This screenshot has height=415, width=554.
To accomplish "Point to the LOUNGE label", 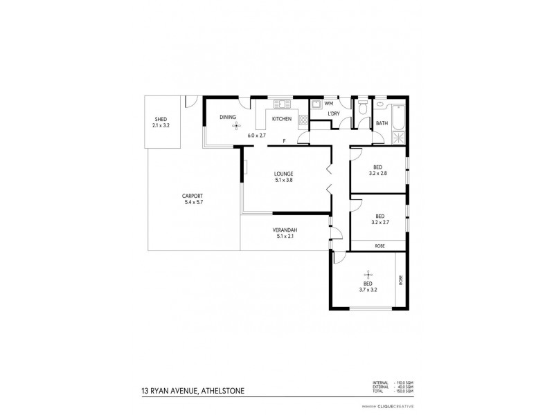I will [283, 173].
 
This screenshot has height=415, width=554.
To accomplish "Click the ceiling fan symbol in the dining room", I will [235, 125].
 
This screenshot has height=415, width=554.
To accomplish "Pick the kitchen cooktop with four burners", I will [303, 120].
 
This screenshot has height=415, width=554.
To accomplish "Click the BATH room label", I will [382, 124].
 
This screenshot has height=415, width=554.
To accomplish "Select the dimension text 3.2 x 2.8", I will [378, 173].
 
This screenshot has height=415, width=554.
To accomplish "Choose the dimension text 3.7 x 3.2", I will [368, 290].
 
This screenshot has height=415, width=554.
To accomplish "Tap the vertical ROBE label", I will [400, 281].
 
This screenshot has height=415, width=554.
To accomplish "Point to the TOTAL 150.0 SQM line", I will [394, 391].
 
